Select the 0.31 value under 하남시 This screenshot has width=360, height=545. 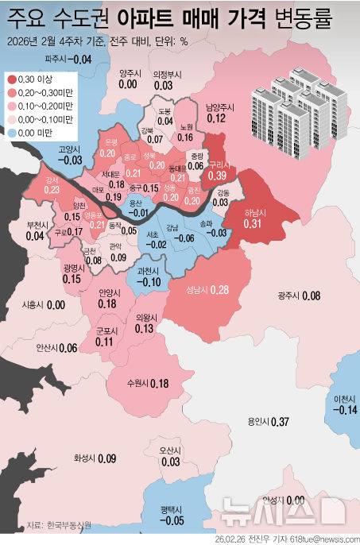(253, 224)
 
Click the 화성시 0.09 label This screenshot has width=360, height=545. (95, 458)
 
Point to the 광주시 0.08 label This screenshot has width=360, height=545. (299, 296)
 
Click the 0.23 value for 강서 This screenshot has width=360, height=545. (52, 190)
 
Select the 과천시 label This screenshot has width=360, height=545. (149, 271)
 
